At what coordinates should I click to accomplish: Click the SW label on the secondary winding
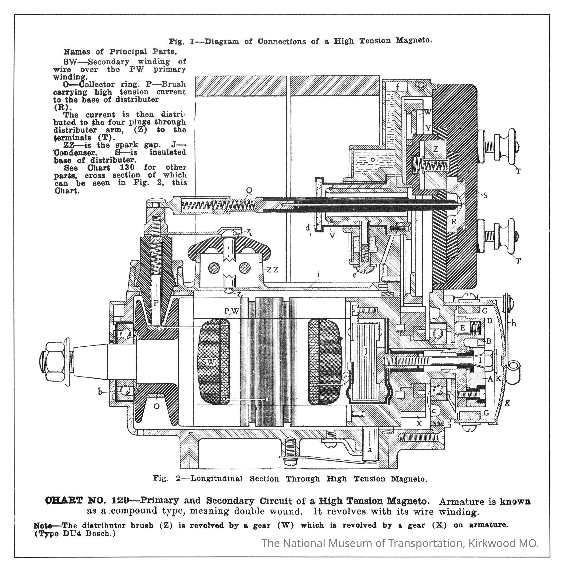208,362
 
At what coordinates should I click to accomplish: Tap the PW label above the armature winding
231,311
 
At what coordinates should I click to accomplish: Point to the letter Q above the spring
249,191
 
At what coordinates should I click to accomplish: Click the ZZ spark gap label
272,270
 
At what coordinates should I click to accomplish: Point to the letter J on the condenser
366,351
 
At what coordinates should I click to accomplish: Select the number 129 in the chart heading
120,500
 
